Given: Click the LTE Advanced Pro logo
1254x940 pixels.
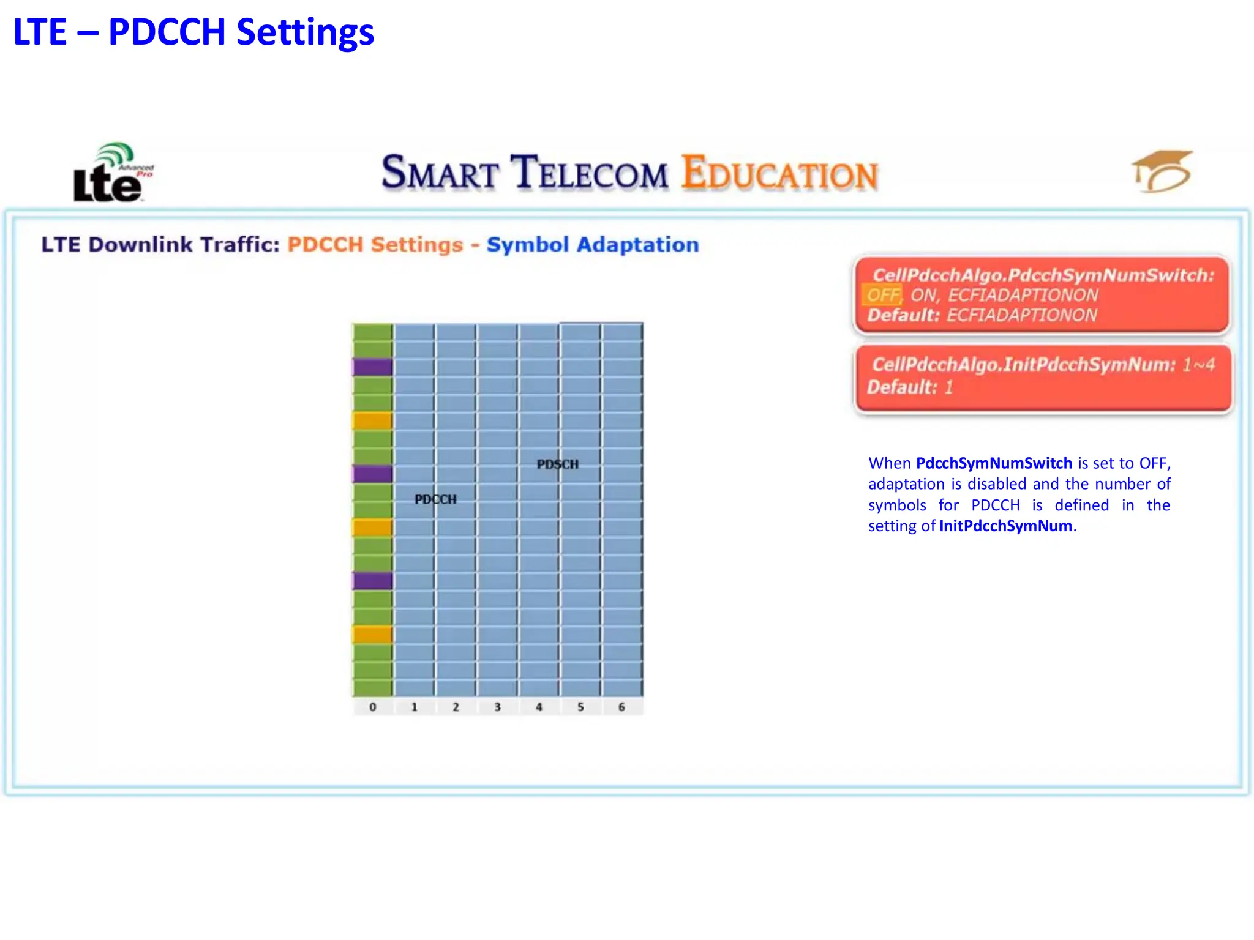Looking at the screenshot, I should click(x=111, y=174).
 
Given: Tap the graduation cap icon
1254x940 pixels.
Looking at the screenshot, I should click(x=1162, y=171).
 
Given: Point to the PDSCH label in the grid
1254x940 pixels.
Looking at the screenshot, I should click(x=557, y=464).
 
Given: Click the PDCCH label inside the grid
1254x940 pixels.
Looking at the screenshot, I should click(x=435, y=499).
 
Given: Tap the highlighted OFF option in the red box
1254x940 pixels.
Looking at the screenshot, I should click(x=882, y=295).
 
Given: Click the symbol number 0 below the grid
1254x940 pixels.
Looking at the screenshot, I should click(x=372, y=707).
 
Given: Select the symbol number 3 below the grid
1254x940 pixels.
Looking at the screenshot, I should click(x=497, y=707).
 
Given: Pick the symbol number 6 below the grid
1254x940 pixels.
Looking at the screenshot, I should click(x=621, y=707).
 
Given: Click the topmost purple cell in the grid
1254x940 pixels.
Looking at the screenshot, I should click(x=372, y=367).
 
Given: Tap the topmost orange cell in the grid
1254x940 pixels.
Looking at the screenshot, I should click(x=372, y=420).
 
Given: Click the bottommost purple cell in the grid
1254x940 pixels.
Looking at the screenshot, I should click(x=372, y=580).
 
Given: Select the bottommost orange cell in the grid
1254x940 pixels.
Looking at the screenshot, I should click(x=372, y=634).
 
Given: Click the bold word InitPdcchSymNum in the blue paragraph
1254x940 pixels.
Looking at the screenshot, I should click(x=1005, y=526).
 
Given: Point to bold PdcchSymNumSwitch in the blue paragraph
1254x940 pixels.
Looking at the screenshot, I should click(x=994, y=463).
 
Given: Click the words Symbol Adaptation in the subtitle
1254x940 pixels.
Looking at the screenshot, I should click(x=592, y=245).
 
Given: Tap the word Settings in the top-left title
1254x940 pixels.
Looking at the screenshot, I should click(x=304, y=32).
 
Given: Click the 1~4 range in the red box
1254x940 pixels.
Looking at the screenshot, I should click(x=1198, y=365).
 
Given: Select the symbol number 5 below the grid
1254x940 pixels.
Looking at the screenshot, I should click(x=580, y=707).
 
